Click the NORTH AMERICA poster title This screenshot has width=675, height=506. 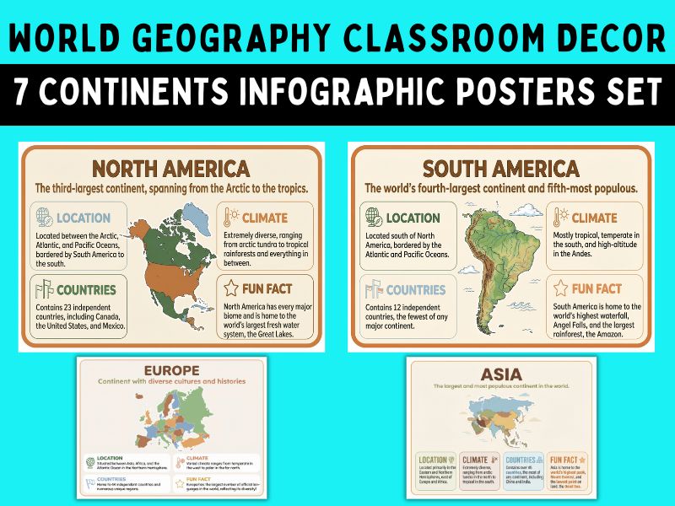pos(170,168)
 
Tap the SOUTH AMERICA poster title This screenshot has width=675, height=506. pos(501,168)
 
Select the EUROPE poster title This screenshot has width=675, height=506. pos(171,370)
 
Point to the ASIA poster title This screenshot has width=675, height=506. pos(501,373)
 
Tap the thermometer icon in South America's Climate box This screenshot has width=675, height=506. pos(556,218)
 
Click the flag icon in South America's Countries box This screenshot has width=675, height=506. pos(371,290)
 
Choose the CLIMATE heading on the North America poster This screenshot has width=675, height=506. pos(265,218)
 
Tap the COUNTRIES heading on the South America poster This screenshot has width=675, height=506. pos(416,290)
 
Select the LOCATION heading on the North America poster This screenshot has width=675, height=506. pos(83,218)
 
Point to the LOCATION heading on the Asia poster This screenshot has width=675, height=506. pos(433,460)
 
